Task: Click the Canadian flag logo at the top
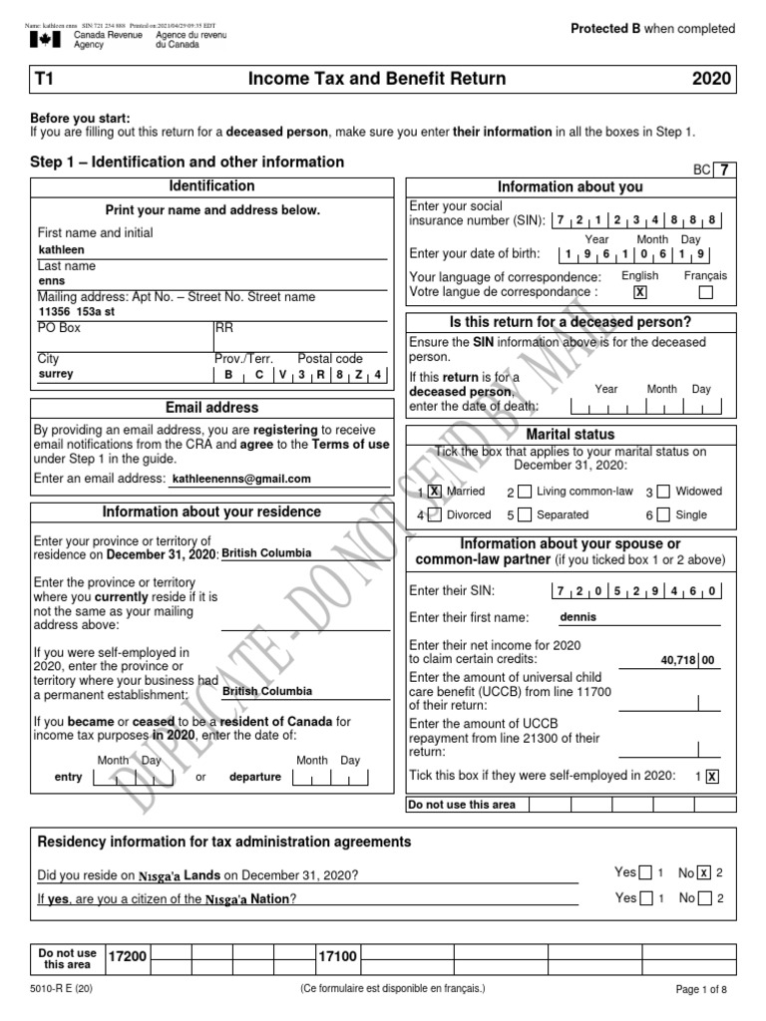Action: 43,39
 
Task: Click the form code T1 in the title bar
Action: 46,79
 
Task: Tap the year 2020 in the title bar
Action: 712,79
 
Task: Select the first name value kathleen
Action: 62,250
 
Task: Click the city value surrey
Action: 56,375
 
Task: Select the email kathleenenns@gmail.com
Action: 241,480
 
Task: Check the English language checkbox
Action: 640,293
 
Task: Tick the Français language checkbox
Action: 706,293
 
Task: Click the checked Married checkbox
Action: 434,492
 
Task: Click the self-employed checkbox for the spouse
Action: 711,777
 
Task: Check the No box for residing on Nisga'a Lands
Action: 704,872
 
